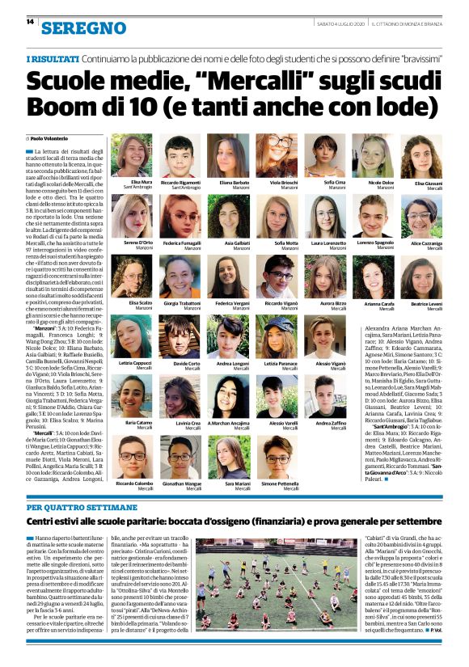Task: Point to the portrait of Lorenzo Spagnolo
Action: (x=376, y=216)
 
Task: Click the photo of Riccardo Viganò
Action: (x=278, y=277)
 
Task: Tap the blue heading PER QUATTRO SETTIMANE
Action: (x=72, y=508)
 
